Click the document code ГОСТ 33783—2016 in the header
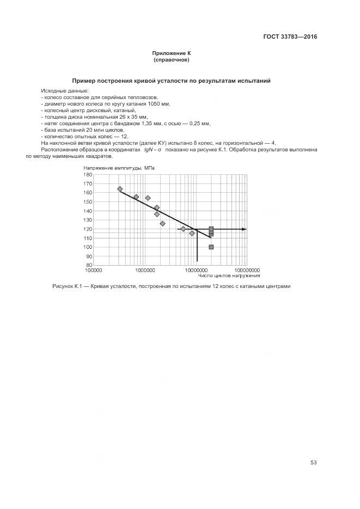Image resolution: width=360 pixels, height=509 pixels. (290, 37)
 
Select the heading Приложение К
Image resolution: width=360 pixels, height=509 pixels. (172, 53)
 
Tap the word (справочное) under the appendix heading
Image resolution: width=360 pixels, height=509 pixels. (172, 59)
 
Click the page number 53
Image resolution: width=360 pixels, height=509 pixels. (314, 463)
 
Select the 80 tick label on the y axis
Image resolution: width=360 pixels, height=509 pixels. (89, 265)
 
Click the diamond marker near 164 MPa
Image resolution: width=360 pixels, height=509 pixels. (120, 189)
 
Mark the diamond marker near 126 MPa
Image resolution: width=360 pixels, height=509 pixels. (162, 223)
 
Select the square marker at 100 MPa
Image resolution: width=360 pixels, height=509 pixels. (211, 247)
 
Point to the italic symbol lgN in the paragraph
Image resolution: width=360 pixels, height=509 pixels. (148, 149)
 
